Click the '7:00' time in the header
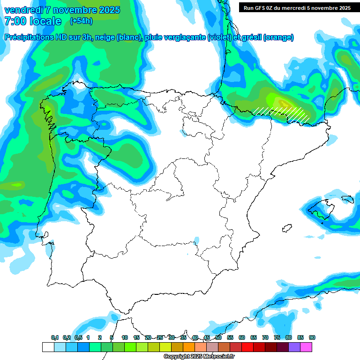[15, 21]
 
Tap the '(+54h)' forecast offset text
[81, 21]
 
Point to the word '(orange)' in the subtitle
[278, 37]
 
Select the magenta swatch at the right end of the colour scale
[306, 347]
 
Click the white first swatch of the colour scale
[48, 347]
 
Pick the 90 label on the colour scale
[312, 337]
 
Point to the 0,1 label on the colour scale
[54, 337]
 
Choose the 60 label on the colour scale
[242, 337]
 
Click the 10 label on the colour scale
[125, 337]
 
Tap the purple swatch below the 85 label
[294, 347]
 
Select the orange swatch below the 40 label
[189, 347]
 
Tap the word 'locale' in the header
[45, 21]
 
